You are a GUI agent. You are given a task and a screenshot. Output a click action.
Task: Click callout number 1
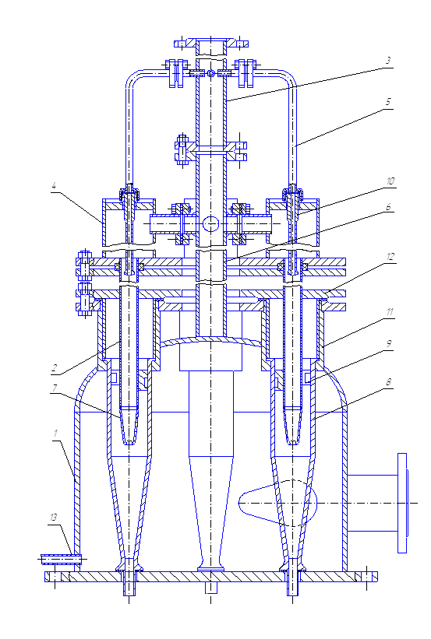[55, 434]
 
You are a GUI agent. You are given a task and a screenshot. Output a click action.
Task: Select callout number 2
[55, 368]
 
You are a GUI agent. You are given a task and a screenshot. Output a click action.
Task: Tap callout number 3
[388, 61]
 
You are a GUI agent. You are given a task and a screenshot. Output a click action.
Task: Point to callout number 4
[54, 186]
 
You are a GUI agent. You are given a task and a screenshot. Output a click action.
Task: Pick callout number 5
[388, 102]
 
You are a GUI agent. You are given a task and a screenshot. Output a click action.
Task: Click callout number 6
[388, 207]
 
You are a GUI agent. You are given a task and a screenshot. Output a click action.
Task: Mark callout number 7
[55, 388]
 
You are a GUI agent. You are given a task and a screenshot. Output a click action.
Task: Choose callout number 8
[388, 382]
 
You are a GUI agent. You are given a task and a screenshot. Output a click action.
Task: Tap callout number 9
[388, 343]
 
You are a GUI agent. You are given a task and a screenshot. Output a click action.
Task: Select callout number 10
[390, 181]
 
